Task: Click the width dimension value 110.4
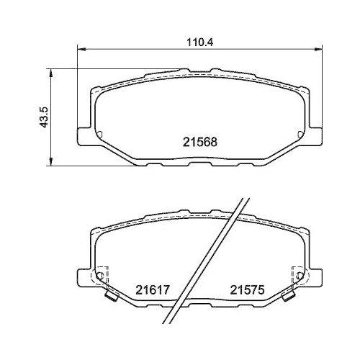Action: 196,42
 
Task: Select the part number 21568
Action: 196,143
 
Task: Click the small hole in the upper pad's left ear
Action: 99,134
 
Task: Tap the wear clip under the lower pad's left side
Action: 110,295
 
